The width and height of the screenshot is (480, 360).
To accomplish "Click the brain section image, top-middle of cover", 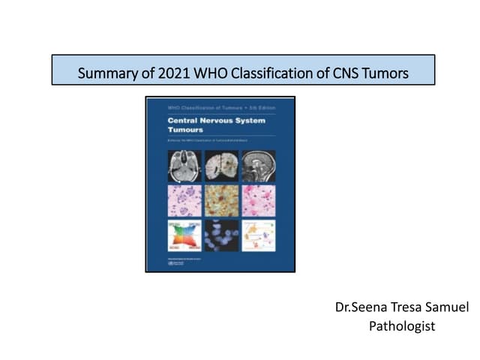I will click(x=220, y=166).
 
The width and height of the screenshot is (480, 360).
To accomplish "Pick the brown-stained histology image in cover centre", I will click(x=220, y=200).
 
